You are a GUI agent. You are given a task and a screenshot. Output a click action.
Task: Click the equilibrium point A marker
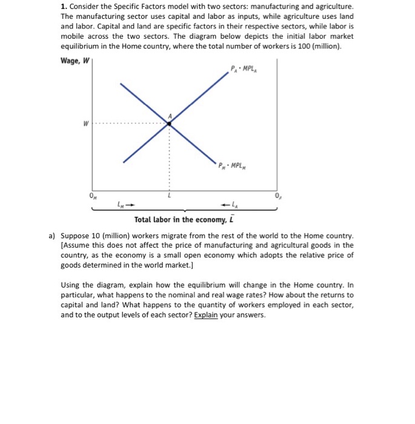click(169, 123)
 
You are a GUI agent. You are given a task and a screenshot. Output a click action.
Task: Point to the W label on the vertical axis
click(86, 124)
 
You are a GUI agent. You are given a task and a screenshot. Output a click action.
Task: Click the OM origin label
click(93, 196)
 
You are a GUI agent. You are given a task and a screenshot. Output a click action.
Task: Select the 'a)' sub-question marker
click(52, 235)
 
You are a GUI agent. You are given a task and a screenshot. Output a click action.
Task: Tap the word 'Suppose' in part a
click(75, 235)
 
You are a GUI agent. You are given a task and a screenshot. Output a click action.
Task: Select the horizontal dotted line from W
click(130, 124)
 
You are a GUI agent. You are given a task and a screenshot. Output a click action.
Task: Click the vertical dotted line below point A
click(170, 157)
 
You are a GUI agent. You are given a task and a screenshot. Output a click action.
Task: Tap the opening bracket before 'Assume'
click(62, 245)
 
